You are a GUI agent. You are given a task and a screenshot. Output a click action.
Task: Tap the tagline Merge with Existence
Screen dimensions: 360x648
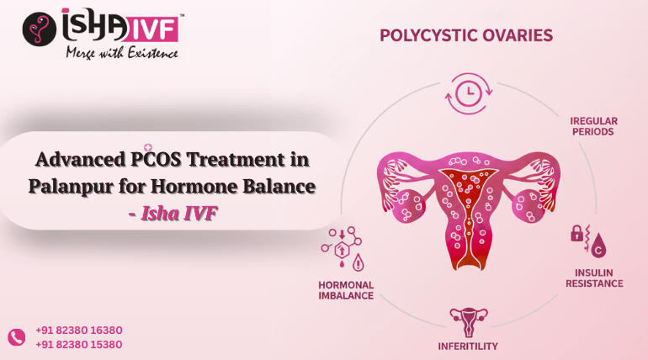pos(122,54)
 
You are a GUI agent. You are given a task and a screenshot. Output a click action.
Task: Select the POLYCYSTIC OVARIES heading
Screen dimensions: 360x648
pos(465,35)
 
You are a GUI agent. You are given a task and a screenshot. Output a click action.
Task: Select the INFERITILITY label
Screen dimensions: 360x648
pos(468,346)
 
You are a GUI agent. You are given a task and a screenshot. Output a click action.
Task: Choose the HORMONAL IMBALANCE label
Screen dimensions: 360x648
pos(346,289)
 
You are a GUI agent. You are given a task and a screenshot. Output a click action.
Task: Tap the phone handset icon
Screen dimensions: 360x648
pos(17,337)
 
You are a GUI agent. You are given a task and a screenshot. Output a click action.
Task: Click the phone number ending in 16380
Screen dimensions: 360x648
pos(79,331)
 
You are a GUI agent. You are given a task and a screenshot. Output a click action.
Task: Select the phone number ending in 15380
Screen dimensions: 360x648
pos(79,344)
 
